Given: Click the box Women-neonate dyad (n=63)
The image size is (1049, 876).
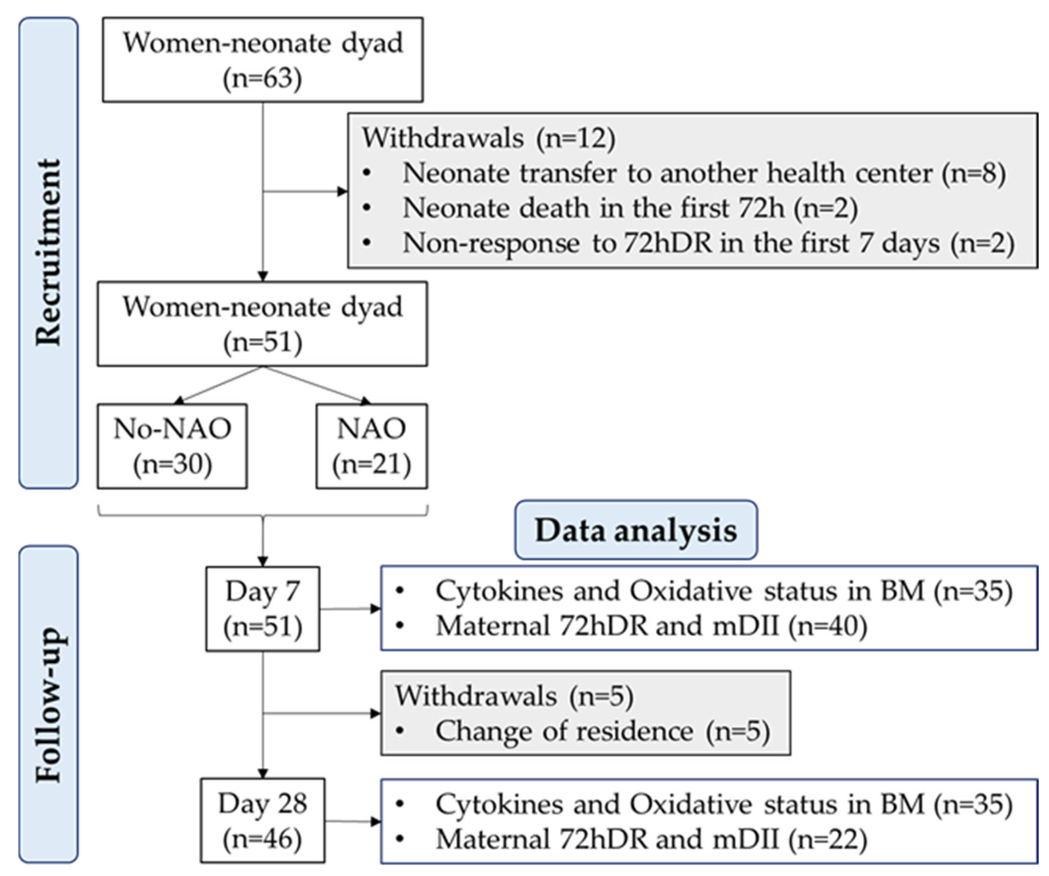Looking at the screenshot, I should click(263, 60).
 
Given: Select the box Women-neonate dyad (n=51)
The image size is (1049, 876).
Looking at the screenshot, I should click(262, 324).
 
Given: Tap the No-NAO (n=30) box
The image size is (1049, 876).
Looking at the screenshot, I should click(172, 446).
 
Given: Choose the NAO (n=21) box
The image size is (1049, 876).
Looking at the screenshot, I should click(371, 446).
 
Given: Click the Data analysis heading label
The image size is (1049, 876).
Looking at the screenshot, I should click(636, 530).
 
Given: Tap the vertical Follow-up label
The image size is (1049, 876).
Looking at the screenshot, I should click(48, 704).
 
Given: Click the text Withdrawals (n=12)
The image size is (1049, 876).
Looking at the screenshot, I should click(489, 138).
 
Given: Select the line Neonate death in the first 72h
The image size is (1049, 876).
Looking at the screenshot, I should click(630, 208).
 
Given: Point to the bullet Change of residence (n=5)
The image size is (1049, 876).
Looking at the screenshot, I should click(602, 731).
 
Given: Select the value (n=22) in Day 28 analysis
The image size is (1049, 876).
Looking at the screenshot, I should click(827, 839).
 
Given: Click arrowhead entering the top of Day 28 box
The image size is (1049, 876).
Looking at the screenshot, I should click(263, 774).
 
